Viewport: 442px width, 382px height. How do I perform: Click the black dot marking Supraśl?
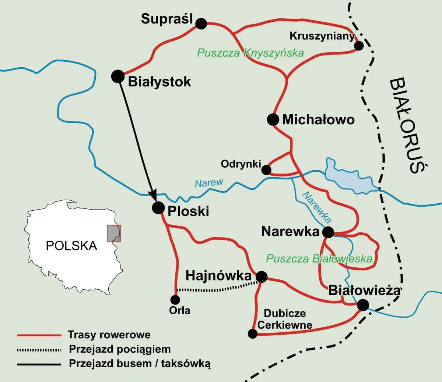[x=201, y=24]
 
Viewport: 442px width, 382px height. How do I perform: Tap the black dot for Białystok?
[x=117, y=76]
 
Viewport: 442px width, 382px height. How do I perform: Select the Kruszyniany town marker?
[x=358, y=46]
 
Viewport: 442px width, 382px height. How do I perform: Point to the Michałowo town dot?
[x=273, y=119]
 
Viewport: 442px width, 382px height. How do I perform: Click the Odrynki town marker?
[x=266, y=169]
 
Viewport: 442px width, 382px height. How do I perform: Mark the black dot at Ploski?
[x=158, y=208]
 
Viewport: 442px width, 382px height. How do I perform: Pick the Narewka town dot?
[x=328, y=232]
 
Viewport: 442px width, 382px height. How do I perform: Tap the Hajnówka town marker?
[x=262, y=277]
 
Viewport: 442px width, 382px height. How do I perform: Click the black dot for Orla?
[x=176, y=300]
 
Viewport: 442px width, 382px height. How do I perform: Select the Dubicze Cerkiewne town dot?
[x=253, y=333]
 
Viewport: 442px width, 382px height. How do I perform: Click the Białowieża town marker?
[x=363, y=305]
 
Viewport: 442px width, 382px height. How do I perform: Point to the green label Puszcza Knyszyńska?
[x=250, y=53]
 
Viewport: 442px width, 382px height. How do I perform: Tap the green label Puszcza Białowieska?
[x=319, y=258]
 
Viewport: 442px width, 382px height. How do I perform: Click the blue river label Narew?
[x=209, y=183]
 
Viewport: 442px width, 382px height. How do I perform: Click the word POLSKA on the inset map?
[x=71, y=245]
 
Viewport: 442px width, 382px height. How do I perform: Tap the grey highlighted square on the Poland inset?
[x=113, y=233]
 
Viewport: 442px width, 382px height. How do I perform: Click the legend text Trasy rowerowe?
[x=109, y=335]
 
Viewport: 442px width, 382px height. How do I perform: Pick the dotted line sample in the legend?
[x=39, y=350]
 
